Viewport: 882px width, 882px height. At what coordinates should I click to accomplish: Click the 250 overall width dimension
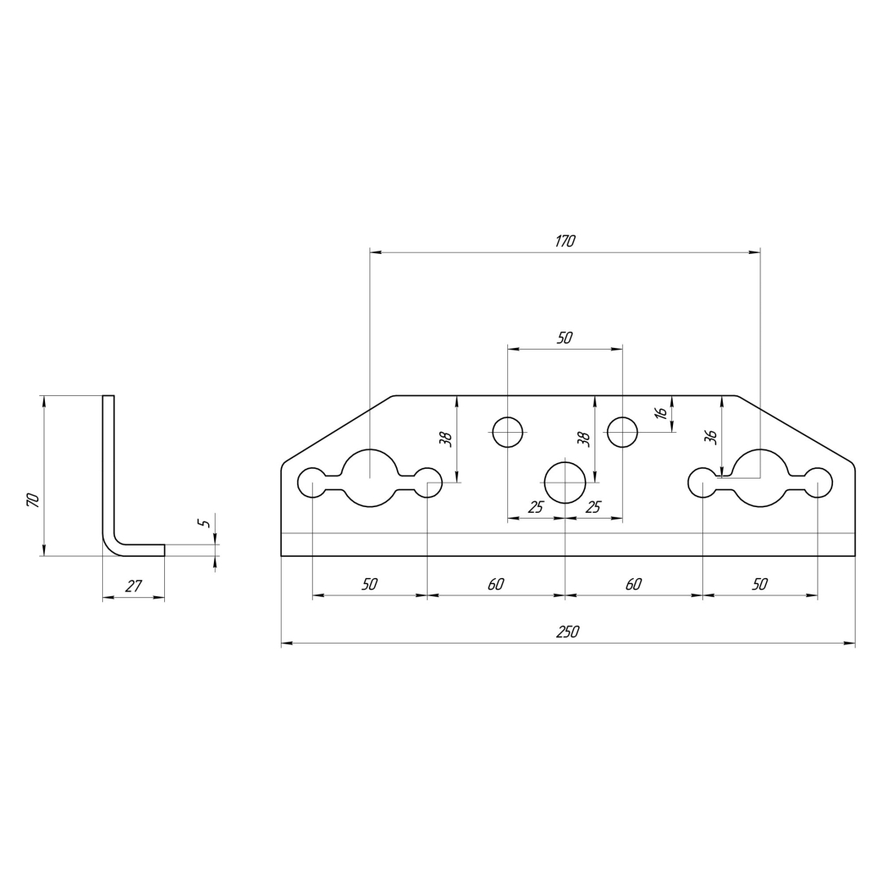coord(568,632)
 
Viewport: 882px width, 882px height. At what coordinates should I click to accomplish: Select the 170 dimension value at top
coord(565,241)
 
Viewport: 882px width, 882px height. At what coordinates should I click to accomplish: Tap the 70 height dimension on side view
coord(33,500)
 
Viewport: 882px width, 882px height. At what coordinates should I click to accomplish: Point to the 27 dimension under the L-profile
coord(133,586)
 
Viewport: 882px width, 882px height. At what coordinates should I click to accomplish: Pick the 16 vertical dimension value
coord(662,412)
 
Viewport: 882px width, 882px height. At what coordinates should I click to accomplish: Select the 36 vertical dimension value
coord(710,437)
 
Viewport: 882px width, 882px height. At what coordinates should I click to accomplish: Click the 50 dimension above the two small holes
coord(564,337)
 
